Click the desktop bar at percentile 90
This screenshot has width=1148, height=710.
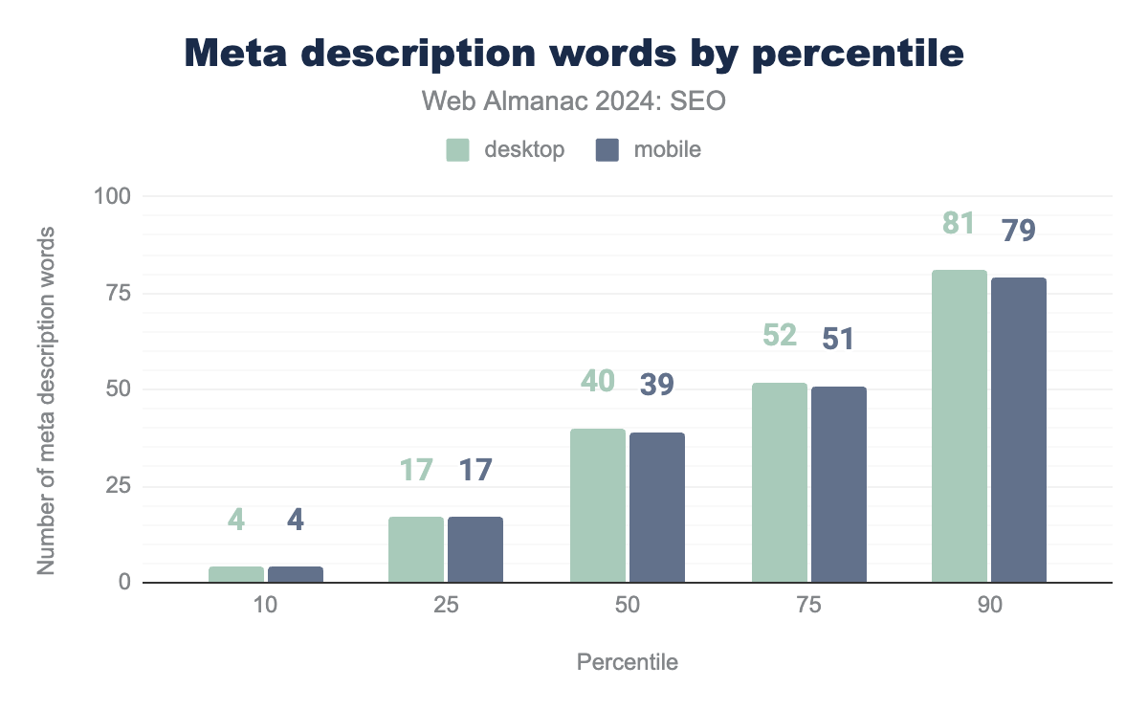[x=960, y=427]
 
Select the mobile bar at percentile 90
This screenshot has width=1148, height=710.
[x=1019, y=431]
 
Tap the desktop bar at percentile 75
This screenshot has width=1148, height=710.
[x=780, y=483]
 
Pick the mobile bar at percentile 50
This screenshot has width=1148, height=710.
[x=657, y=508]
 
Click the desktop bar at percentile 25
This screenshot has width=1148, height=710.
[x=416, y=550]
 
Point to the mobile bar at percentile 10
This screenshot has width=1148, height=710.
[x=296, y=574]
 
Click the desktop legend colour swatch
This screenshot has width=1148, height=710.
[x=458, y=150]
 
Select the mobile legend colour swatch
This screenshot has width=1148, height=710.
[x=607, y=150]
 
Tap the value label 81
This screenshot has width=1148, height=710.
[x=958, y=224]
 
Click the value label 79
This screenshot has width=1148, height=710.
[x=1018, y=231]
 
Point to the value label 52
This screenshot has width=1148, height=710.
[x=780, y=336]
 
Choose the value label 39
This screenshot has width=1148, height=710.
[x=656, y=385]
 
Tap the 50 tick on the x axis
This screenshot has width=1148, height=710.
[x=628, y=607]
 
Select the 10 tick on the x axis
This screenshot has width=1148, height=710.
[x=266, y=607]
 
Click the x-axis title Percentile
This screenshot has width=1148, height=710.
[x=628, y=662]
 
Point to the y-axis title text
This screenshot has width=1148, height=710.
[x=45, y=402]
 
